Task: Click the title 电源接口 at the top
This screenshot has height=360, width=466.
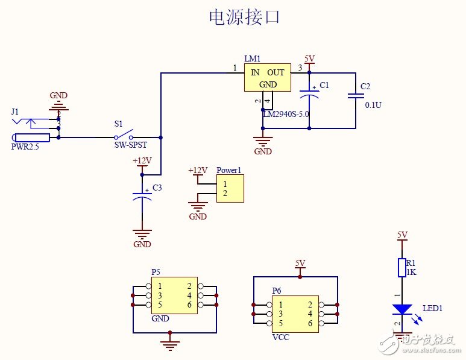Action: click(244, 17)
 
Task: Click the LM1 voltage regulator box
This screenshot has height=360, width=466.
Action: click(268, 78)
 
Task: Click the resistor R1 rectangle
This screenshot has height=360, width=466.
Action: click(402, 268)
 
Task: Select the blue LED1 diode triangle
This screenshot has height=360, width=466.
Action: click(401, 309)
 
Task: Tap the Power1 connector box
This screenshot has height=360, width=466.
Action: click(230, 189)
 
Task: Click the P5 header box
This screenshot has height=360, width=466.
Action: click(174, 295)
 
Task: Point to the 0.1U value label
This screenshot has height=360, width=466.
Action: click(373, 105)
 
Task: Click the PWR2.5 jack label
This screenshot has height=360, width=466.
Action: click(25, 147)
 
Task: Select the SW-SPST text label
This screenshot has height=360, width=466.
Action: click(130, 145)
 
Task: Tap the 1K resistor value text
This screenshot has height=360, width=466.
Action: click(411, 272)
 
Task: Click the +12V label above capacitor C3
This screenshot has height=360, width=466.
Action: click(142, 161)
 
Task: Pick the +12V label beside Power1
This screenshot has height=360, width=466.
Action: click(198, 171)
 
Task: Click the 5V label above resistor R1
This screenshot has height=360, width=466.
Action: click(402, 235)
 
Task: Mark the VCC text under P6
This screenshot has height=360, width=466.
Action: click(281, 337)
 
